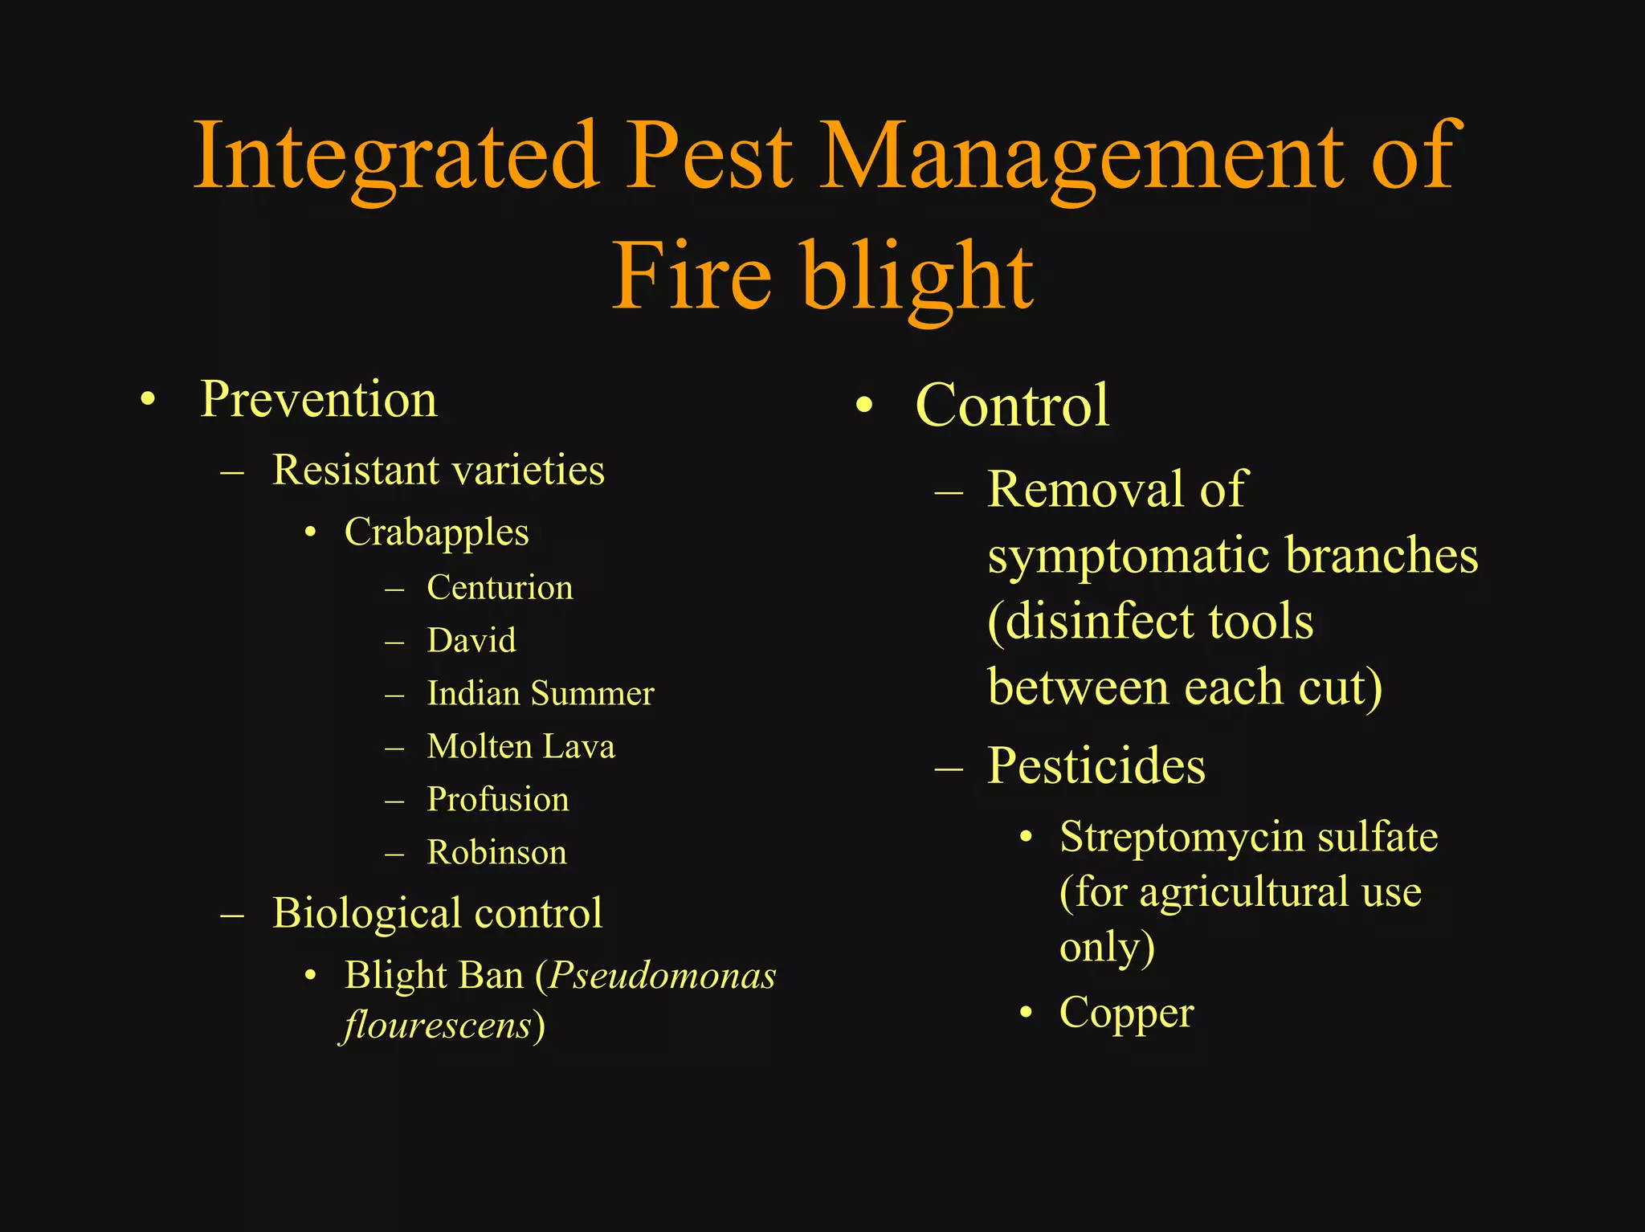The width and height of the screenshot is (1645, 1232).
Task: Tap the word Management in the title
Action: pyautogui.click(x=1080, y=157)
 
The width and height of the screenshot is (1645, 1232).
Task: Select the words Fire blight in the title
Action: pyautogui.click(x=822, y=277)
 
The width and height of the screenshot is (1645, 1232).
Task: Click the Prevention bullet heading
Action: pyautogui.click(x=319, y=399)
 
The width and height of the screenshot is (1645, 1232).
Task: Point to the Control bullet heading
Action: pyautogui.click(x=1012, y=406)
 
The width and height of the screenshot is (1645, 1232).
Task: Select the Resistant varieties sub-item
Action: pyautogui.click(x=438, y=470)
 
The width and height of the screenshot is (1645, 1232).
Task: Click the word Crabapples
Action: pyautogui.click(x=436, y=532)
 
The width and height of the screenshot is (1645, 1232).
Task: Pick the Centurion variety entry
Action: pyautogui.click(x=500, y=588)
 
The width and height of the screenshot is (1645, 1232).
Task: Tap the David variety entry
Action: pyautogui.click(x=471, y=641)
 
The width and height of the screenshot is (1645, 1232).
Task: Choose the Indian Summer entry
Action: pyautogui.click(x=541, y=694)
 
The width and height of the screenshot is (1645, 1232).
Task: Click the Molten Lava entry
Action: pyautogui.click(x=520, y=747)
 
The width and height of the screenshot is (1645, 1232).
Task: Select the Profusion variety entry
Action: pyautogui.click(x=498, y=800)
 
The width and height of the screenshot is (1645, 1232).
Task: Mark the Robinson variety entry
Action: pyautogui.click(x=496, y=853)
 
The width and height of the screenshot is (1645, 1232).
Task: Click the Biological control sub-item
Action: pyautogui.click(x=437, y=913)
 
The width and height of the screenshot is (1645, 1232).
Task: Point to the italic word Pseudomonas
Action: pyautogui.click(x=663, y=976)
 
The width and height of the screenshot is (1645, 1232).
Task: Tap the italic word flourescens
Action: pyautogui.click(x=438, y=1026)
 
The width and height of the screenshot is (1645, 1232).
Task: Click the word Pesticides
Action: pyautogui.click(x=1096, y=765)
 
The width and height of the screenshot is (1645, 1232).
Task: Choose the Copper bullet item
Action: pyautogui.click(x=1126, y=1013)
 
